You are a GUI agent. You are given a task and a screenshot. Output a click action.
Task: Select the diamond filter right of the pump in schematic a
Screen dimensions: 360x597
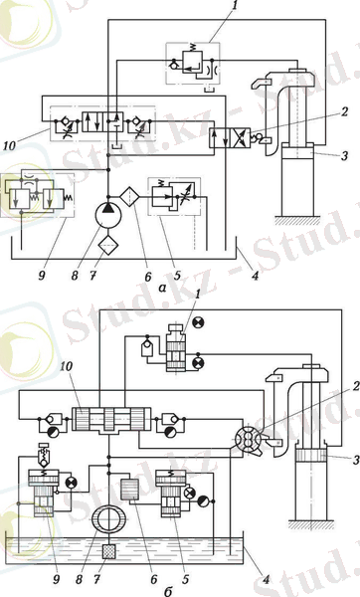tap(129, 196)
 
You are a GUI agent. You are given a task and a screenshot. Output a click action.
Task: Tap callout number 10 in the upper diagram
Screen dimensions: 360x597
tap(9, 145)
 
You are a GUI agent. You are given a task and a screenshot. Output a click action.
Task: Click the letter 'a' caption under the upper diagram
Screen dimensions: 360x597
tap(162, 289)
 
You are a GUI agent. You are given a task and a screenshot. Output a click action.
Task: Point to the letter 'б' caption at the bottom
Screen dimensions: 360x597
tap(167, 591)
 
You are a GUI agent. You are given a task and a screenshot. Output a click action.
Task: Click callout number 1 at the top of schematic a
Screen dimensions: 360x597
tap(234, 5)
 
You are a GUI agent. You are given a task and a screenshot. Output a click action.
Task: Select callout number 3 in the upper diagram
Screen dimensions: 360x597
tap(344, 155)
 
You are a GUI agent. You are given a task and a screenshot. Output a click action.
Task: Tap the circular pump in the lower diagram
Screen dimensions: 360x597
tap(108, 518)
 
